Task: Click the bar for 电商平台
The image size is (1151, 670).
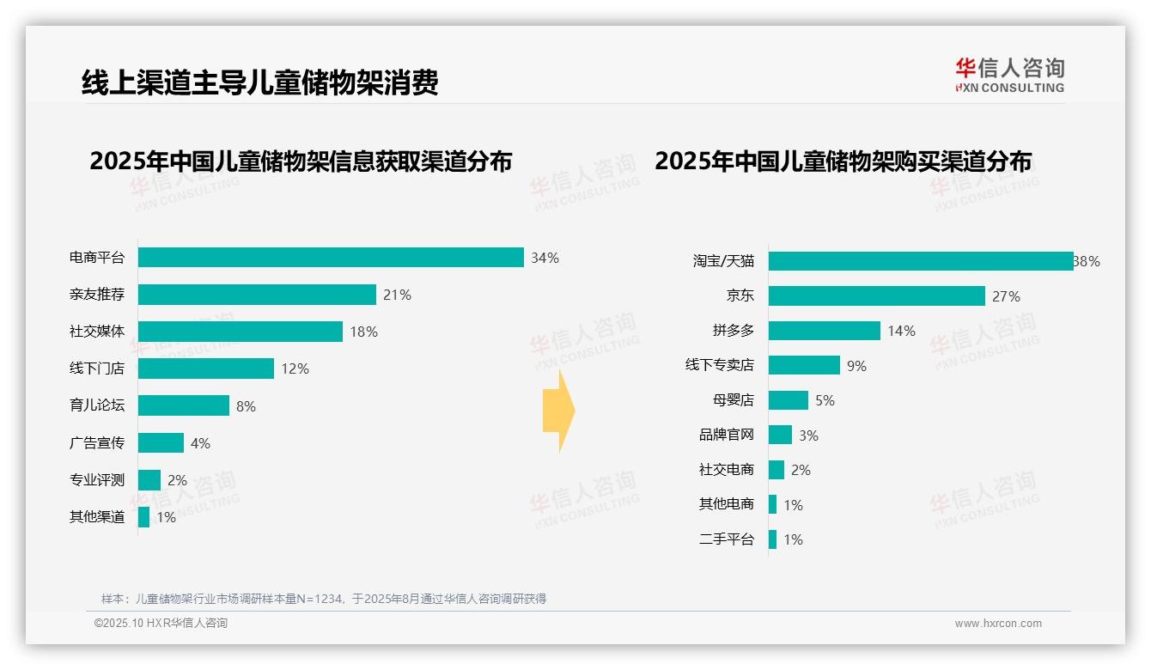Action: [x=331, y=258]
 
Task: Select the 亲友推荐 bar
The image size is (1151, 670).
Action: [x=257, y=295]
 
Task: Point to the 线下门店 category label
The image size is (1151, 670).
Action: [x=97, y=368]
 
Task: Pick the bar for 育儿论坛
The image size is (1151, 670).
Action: [x=184, y=405]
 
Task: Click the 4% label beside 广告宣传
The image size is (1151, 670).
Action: [x=200, y=443]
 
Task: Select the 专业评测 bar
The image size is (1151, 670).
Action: [x=149, y=480]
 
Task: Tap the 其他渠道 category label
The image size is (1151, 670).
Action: [x=97, y=517]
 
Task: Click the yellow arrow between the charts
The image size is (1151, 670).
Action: [x=558, y=411]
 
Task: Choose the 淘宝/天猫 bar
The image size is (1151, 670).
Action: [x=921, y=261]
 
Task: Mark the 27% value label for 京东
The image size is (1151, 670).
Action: [x=1006, y=297]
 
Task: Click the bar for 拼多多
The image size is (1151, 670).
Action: [x=825, y=331]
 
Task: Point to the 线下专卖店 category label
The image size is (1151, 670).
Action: [x=720, y=365]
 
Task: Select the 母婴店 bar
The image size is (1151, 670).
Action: [x=789, y=400]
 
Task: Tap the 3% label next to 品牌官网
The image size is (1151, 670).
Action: [x=808, y=435]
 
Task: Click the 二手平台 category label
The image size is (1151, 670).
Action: [x=727, y=539]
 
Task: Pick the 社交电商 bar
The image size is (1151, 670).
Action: [x=776, y=470]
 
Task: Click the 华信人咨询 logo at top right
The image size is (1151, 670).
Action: [x=1009, y=76]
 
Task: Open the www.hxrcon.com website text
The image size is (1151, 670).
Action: [x=998, y=624]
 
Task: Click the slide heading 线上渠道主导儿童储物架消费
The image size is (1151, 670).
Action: [x=260, y=82]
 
